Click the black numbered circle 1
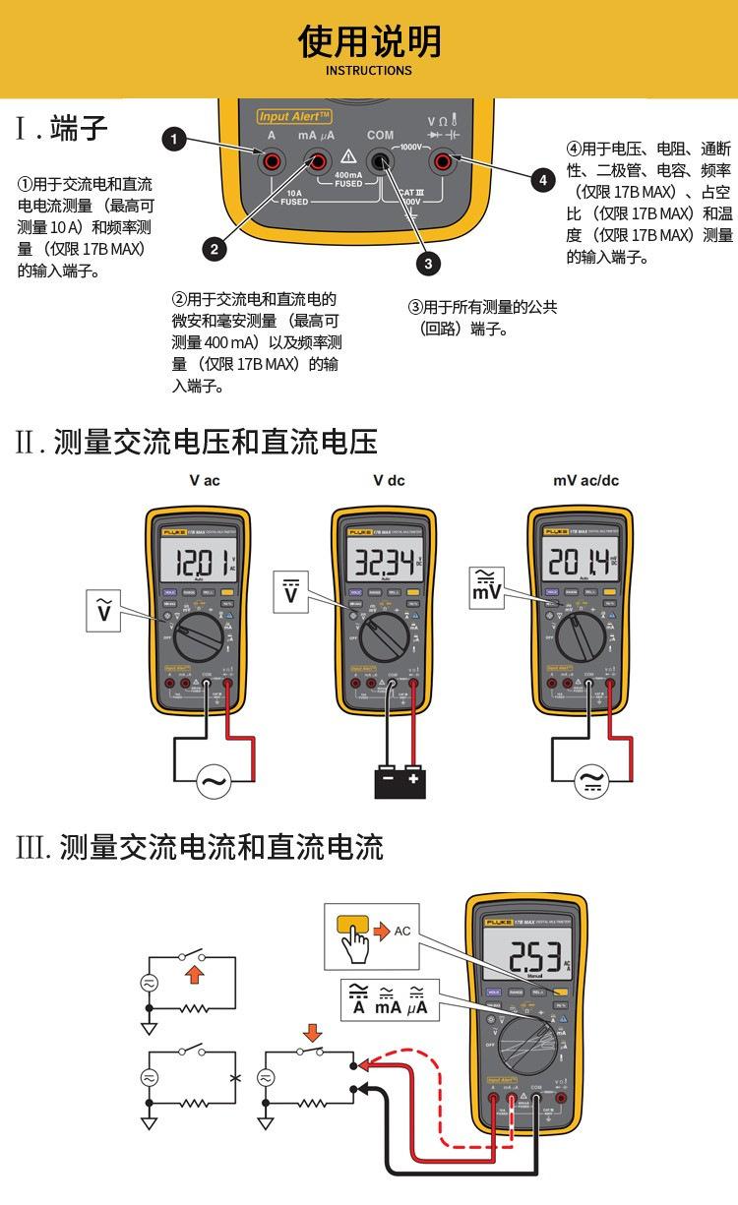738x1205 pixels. [x=174, y=140]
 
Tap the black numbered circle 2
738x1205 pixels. [x=215, y=249]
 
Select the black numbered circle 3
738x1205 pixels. [x=427, y=263]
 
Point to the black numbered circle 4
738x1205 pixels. [x=543, y=180]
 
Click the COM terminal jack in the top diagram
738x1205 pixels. [x=379, y=160]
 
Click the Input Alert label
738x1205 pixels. [x=292, y=115]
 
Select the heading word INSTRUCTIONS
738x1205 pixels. [x=369, y=71]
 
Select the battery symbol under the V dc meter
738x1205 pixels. [x=399, y=781]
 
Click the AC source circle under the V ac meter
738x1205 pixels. [x=214, y=782]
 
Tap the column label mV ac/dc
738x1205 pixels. [x=586, y=481]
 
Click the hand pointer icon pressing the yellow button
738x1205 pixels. [x=355, y=941]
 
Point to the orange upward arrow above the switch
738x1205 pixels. [x=195, y=973]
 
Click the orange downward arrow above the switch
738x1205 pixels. [x=313, y=1033]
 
